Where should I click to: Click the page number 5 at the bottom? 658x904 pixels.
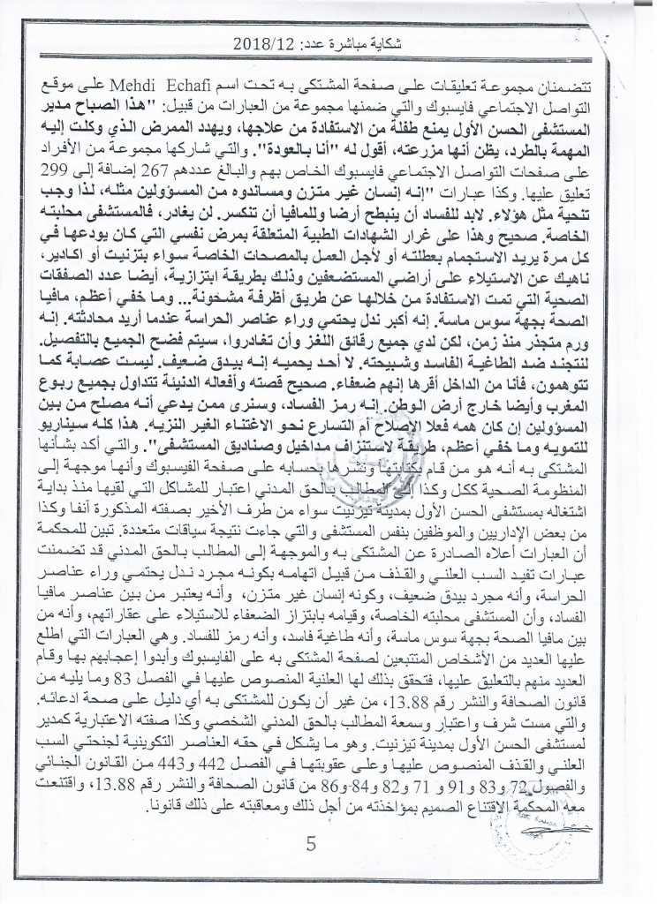click(x=311, y=844)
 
